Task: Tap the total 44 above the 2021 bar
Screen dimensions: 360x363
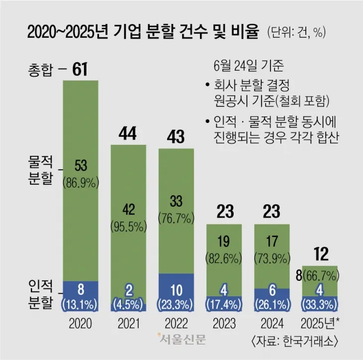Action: (x=128, y=133)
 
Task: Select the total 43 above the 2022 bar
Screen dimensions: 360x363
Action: (x=177, y=136)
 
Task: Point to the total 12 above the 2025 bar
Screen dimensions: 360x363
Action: (x=321, y=254)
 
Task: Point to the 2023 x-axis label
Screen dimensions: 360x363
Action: (x=224, y=324)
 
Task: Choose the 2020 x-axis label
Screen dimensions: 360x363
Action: (x=80, y=324)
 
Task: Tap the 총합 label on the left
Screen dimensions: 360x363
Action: (x=39, y=70)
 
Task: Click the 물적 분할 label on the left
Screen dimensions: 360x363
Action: (x=39, y=170)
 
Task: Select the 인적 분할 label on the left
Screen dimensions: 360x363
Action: (x=39, y=294)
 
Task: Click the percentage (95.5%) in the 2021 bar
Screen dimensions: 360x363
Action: (x=128, y=227)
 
